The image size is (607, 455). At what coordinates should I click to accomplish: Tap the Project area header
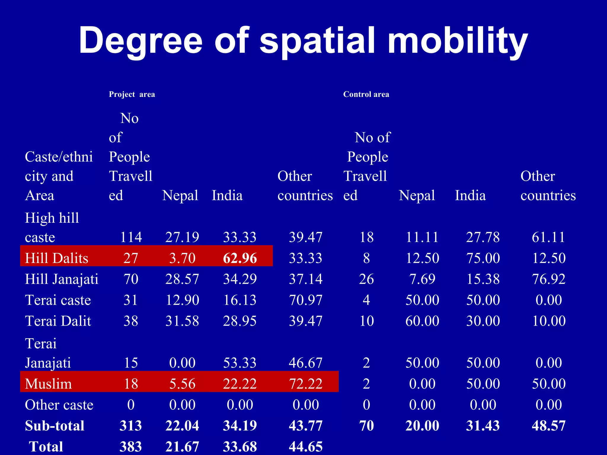click(132, 94)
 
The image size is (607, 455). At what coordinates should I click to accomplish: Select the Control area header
click(366, 94)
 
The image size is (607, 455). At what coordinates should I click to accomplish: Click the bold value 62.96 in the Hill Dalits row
click(240, 258)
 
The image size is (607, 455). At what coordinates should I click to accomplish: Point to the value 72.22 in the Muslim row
click(306, 384)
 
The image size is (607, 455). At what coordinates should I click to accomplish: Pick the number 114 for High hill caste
click(131, 237)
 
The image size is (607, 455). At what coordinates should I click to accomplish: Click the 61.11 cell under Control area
click(548, 237)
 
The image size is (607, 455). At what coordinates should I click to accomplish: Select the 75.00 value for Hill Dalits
click(483, 258)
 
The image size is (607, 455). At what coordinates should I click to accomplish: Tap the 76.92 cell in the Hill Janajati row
click(549, 279)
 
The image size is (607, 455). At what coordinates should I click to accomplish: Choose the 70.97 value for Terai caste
click(306, 300)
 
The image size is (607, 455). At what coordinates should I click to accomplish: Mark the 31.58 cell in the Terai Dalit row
click(182, 321)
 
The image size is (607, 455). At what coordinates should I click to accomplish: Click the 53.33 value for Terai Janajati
click(240, 363)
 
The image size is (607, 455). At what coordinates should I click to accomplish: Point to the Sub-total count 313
click(131, 426)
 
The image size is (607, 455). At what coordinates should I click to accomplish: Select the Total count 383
click(131, 446)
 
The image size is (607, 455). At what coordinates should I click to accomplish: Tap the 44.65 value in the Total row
click(306, 446)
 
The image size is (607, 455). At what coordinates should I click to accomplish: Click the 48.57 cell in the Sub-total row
click(549, 426)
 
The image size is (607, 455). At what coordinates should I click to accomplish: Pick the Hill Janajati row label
click(62, 279)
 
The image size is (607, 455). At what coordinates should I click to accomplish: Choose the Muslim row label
click(48, 384)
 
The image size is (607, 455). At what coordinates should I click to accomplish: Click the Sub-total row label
click(55, 426)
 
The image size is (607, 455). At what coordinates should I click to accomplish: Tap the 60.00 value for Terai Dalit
click(422, 321)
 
